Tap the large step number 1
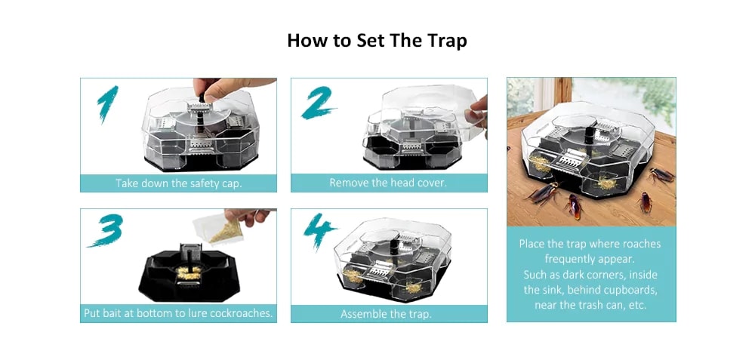108,104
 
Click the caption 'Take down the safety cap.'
178,183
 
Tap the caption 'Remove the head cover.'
388,183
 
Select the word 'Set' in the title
368,41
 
